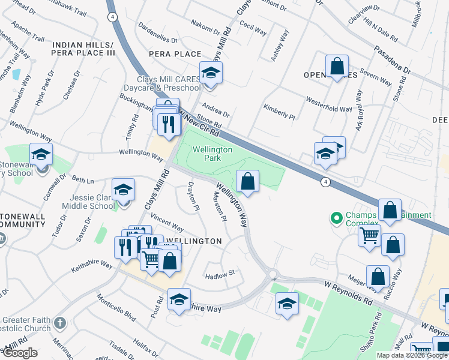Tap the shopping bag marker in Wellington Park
247,181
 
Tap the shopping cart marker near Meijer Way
369,235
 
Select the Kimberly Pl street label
279,111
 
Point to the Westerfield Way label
329,104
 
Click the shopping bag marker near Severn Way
337,66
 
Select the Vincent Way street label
167,222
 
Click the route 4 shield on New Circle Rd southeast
324,182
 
